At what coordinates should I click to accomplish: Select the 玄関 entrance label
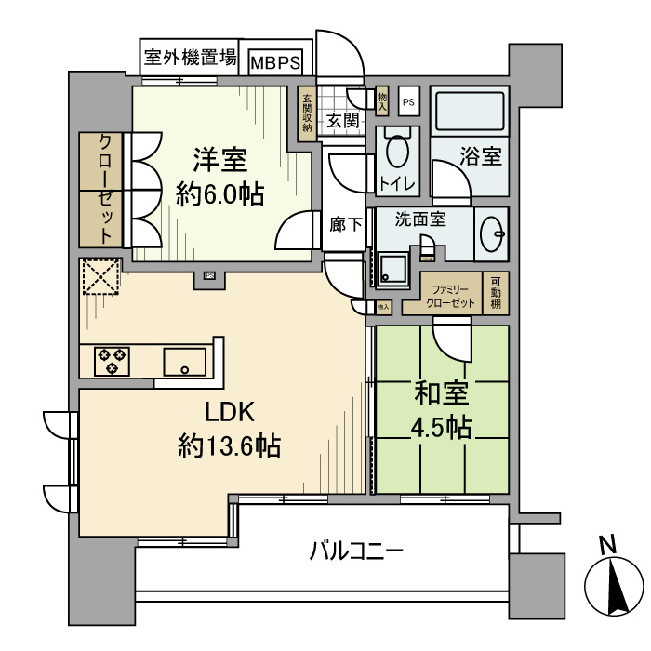[x=343, y=120]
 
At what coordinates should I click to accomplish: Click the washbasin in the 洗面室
[x=492, y=235]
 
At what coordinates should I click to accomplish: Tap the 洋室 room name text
[x=220, y=160]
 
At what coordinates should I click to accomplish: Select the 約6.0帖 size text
[x=220, y=193]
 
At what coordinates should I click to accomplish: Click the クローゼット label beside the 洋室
[x=106, y=190]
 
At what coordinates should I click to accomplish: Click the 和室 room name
[x=442, y=395]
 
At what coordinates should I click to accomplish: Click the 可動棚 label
[x=497, y=296]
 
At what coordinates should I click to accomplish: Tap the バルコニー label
[x=356, y=551]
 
